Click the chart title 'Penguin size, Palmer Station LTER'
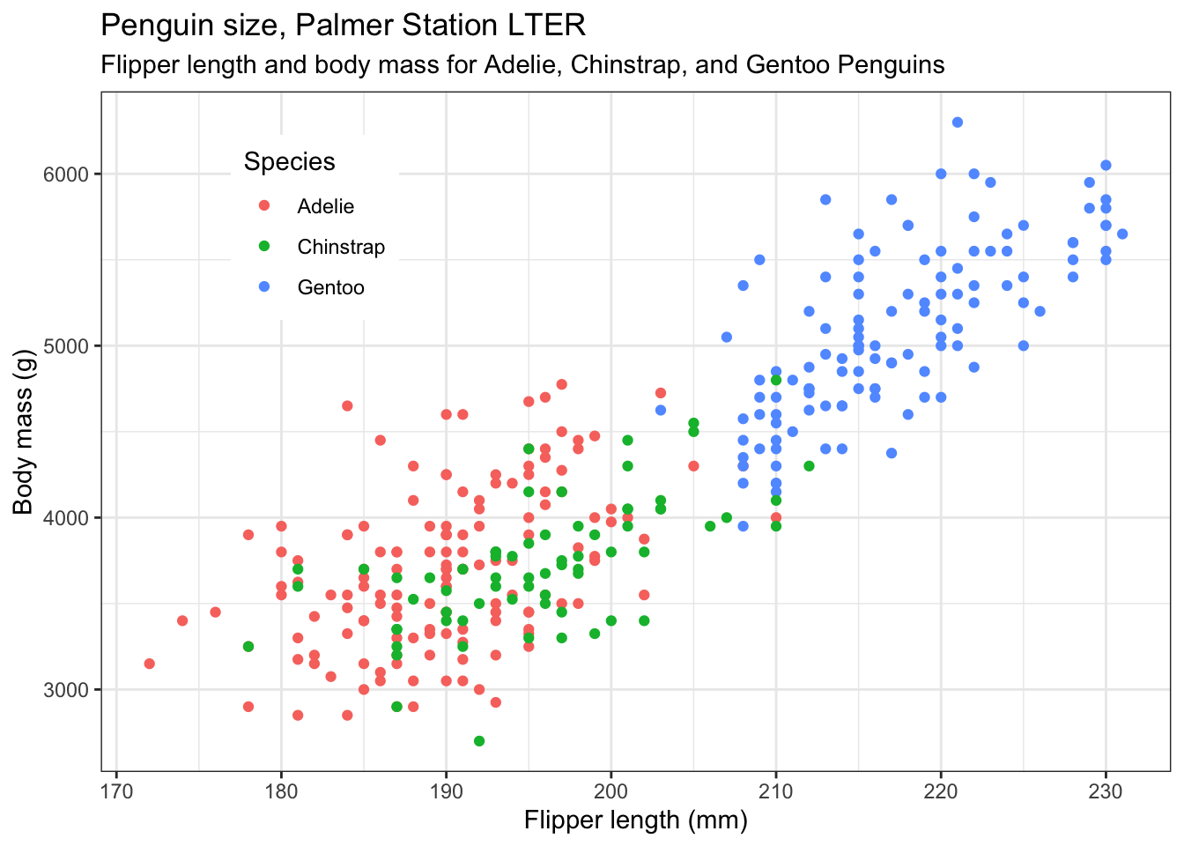343,25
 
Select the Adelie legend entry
325,206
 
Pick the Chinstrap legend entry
340,247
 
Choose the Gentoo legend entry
330,287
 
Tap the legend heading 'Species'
289,161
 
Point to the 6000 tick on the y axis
66,174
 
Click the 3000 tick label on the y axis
66,690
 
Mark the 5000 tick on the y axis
66,346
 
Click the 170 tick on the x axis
116,790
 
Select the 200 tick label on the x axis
610,790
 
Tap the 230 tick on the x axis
1106,790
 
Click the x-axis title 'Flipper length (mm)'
635,821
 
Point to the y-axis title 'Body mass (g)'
23,432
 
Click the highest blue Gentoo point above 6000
958,122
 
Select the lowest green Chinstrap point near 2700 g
479,741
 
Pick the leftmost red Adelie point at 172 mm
150,664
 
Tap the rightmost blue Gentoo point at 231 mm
1122,234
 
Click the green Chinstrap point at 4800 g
776,380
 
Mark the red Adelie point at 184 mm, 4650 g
347,406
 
